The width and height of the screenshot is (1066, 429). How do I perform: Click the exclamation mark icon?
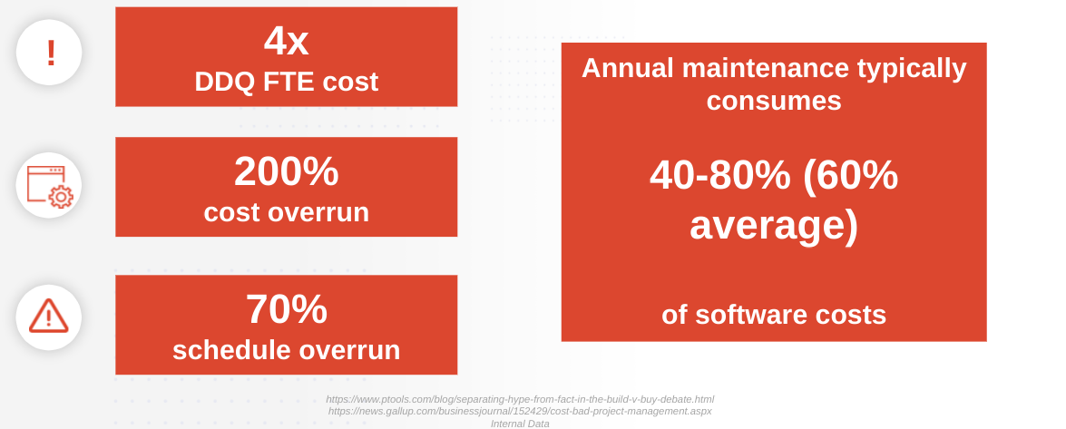(x=50, y=53)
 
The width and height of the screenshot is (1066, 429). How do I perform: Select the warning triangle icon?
(x=48, y=317)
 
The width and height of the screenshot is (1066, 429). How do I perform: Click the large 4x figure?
(x=286, y=41)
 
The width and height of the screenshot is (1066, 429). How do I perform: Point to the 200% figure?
(x=286, y=171)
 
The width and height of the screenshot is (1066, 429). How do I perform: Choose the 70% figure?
(x=286, y=309)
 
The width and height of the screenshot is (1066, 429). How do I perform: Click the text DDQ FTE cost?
(x=286, y=82)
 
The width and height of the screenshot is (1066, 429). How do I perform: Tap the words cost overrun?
(x=286, y=212)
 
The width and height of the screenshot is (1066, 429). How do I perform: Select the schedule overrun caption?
(x=286, y=350)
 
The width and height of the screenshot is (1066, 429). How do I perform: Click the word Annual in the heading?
(x=628, y=68)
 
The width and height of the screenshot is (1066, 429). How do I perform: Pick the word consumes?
(x=774, y=102)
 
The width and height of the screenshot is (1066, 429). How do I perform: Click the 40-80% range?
(x=720, y=175)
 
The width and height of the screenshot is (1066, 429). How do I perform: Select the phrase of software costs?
(x=774, y=315)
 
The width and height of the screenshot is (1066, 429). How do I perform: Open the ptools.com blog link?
(x=520, y=399)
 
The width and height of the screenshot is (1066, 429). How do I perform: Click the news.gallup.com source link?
(x=520, y=412)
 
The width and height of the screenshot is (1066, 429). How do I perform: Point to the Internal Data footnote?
(x=520, y=424)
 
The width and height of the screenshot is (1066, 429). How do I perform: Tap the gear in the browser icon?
(x=61, y=197)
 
